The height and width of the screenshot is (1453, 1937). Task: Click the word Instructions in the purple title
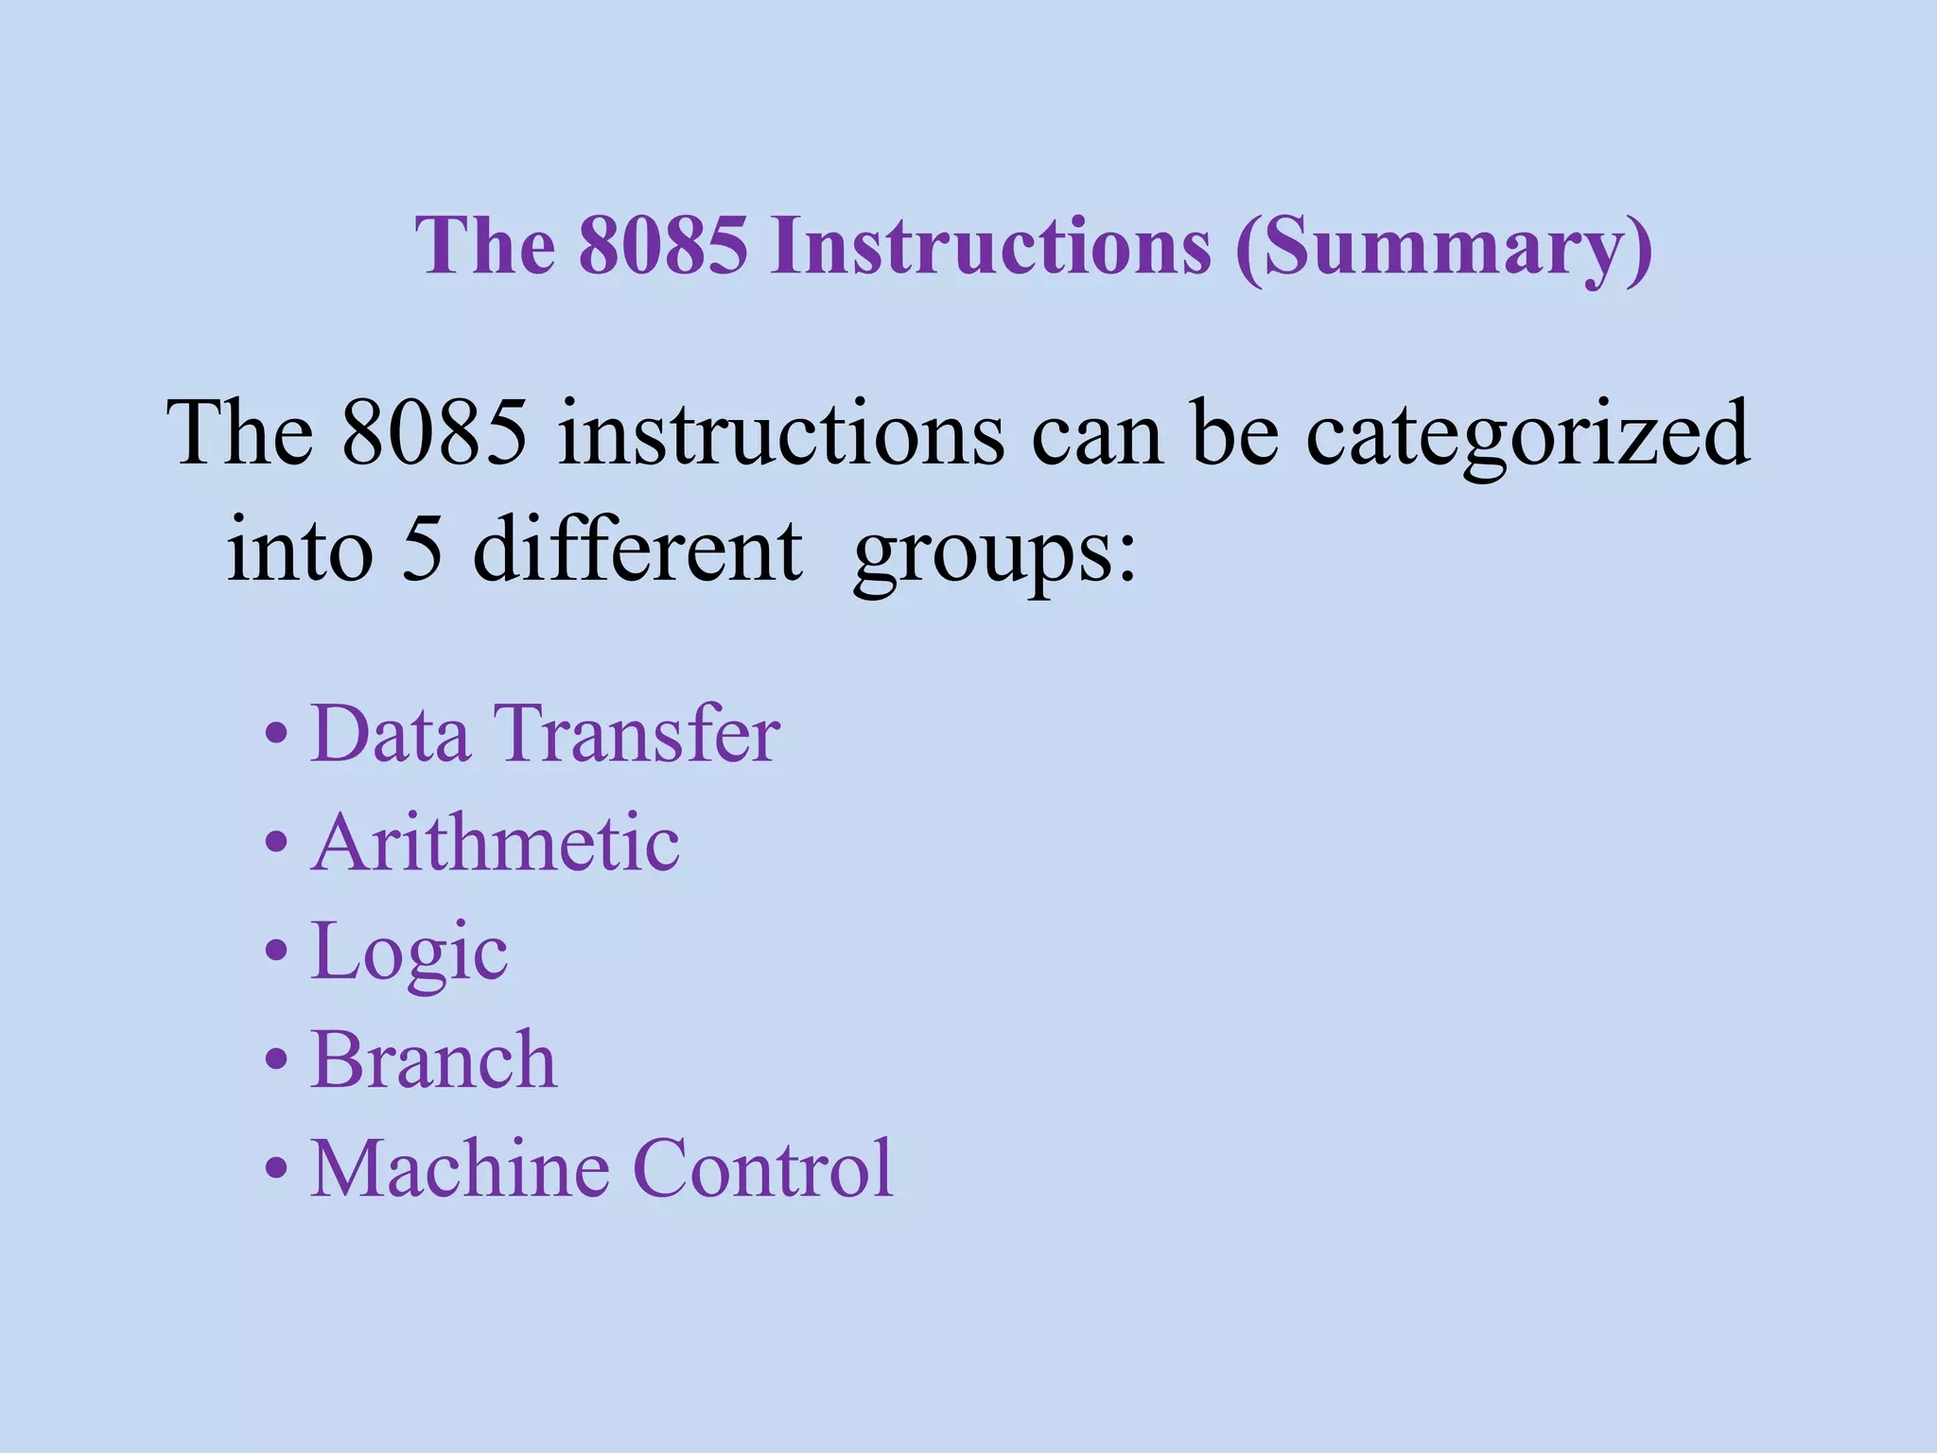(x=990, y=246)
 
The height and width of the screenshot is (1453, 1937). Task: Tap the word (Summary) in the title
(x=1443, y=248)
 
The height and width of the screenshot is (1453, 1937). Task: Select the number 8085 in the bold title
(x=663, y=246)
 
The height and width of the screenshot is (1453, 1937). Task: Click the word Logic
(x=410, y=954)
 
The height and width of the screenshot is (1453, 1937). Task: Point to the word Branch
(x=434, y=1060)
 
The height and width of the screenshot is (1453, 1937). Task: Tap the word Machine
(x=460, y=1169)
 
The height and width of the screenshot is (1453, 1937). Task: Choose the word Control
(x=762, y=1169)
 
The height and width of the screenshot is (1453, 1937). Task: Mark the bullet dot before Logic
(x=275, y=953)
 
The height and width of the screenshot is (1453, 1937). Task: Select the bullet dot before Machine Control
(x=275, y=1170)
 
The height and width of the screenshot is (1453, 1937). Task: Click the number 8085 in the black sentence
(x=434, y=433)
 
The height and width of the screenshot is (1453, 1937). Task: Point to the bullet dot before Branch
(x=275, y=1061)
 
